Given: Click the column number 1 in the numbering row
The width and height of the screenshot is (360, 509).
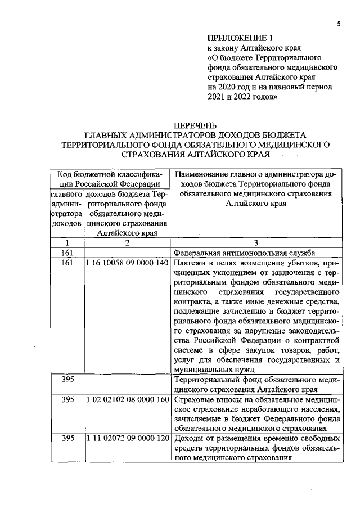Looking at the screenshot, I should tap(67, 243).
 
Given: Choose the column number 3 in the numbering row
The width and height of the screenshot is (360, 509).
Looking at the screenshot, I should tap(256, 243).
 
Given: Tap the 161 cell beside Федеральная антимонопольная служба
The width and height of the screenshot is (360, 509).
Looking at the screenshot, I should tap(67, 253).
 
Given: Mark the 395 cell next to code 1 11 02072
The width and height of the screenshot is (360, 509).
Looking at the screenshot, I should tap(67, 438).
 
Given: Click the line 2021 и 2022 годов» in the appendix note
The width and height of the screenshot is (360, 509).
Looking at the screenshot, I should tap(242, 97).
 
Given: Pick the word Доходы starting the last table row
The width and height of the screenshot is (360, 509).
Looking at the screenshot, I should tap(188, 438).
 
